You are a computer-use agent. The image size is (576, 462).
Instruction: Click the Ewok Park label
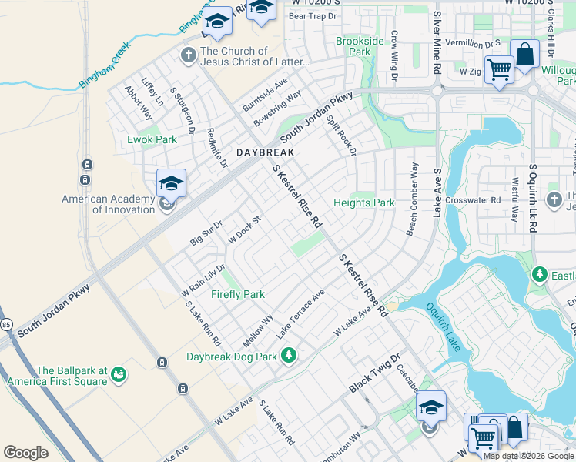152,139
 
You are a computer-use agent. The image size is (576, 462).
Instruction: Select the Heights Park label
363,203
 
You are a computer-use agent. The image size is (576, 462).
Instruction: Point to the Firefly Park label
237,294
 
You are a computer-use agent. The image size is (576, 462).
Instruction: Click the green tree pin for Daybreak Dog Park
289,355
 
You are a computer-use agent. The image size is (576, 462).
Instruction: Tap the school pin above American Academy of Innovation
171,184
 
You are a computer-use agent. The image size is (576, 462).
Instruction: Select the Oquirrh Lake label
443,326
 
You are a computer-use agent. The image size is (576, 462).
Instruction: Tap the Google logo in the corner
25,452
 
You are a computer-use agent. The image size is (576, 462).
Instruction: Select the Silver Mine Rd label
437,42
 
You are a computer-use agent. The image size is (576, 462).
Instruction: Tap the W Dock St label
245,229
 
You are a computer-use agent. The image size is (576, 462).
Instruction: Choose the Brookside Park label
360,46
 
